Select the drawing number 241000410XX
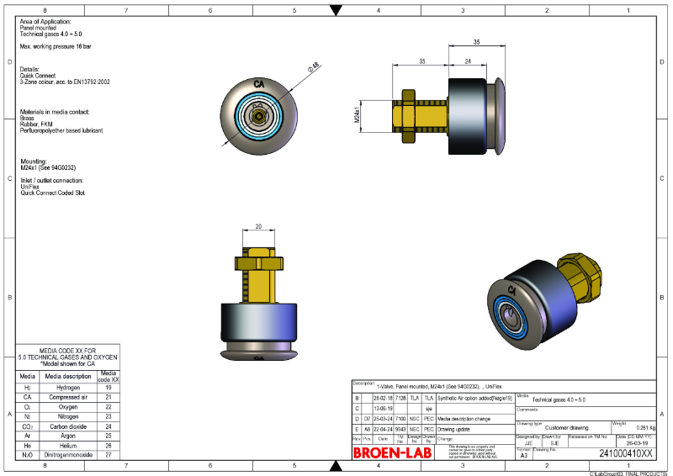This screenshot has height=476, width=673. (x=625, y=454)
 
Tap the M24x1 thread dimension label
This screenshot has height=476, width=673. (x=358, y=114)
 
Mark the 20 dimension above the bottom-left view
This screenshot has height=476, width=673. (x=259, y=226)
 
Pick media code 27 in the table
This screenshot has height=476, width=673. (x=109, y=454)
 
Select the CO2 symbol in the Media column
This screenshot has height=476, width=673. (x=27, y=426)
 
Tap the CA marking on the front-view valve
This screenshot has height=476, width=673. (x=259, y=84)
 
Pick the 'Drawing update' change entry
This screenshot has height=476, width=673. (x=456, y=428)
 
